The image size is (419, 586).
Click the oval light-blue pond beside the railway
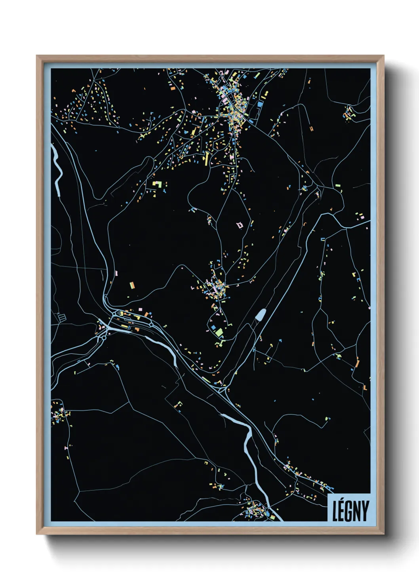pyautogui.click(x=260, y=315)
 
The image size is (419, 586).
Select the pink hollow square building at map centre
pyautogui.click(x=239, y=225)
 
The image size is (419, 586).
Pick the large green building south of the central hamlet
pyautogui.click(x=219, y=332)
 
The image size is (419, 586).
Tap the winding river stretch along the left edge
pyautogui.click(x=58, y=170)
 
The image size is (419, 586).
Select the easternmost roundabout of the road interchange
pyautogui.click(x=151, y=325)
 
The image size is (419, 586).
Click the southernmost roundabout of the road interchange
pyautogui.click(x=103, y=338)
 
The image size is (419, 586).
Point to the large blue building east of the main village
pyautogui.click(x=260, y=104)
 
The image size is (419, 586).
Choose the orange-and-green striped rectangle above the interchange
pyautogui.click(x=131, y=285)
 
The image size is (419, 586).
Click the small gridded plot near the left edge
pyautogui.click(x=61, y=317)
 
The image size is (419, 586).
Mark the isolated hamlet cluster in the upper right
pyautogui.click(x=349, y=113)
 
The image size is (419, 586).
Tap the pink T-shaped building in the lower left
pyautogui.click(x=66, y=447)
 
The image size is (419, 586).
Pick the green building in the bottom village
pyautogui.click(x=272, y=517)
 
